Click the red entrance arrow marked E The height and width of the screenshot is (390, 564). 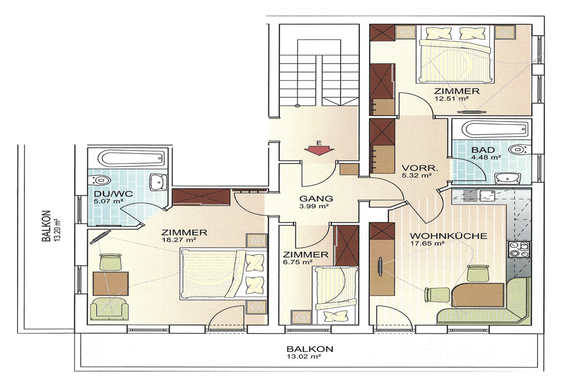(319, 150)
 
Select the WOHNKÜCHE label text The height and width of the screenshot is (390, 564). (448, 236)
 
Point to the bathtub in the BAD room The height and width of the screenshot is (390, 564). (491, 129)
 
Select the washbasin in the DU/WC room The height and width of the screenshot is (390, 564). (159, 182)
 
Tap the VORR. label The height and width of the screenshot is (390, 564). (420, 168)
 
